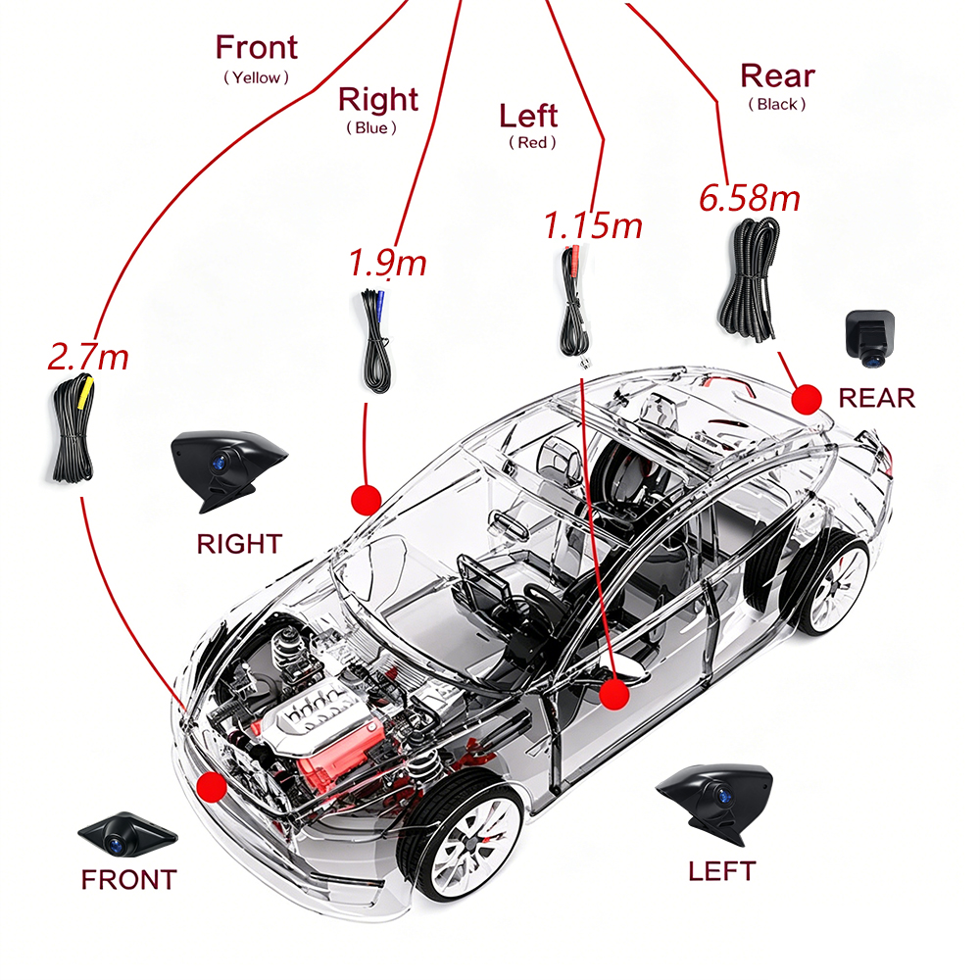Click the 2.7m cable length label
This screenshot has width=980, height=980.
tap(88, 357)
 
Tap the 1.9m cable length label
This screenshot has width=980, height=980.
tap(387, 262)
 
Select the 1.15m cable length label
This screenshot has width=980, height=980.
tap(593, 225)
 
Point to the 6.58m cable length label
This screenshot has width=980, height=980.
tap(750, 198)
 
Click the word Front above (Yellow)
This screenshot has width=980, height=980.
tap(256, 47)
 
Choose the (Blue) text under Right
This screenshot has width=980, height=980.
tap(371, 128)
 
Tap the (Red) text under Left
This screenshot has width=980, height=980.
tap(532, 142)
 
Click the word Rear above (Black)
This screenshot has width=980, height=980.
tap(777, 76)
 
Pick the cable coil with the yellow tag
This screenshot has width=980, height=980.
tap(73, 429)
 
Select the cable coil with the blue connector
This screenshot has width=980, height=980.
tap(376, 341)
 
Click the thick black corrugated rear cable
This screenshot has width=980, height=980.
tap(749, 278)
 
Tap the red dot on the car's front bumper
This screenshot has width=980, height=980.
tap(212, 786)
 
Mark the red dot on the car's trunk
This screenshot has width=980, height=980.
tap(807, 400)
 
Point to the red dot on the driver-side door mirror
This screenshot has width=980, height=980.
tap(614, 694)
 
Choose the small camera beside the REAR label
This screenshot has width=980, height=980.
tap(869, 338)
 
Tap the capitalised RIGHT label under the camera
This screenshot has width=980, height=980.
tap(239, 544)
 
